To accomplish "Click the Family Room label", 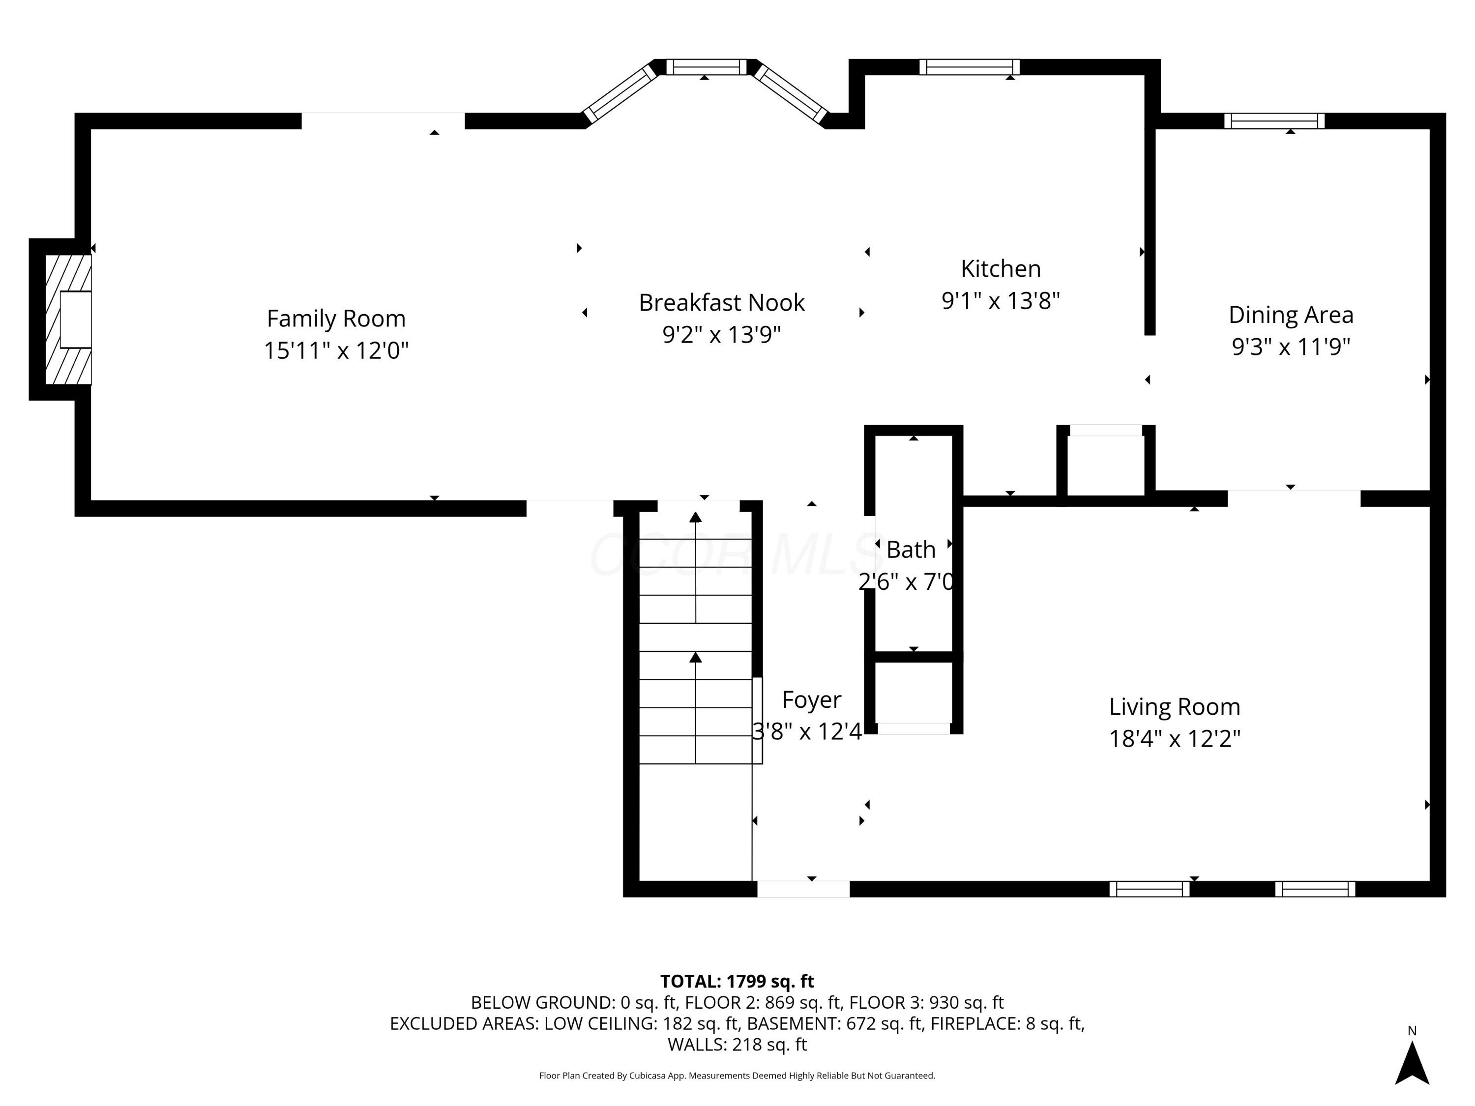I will pyautogui.click(x=336, y=319).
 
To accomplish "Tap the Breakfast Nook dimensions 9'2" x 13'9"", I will pyautogui.click(x=721, y=335).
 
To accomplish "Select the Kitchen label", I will pyautogui.click(x=1000, y=269).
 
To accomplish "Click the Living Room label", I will pyautogui.click(x=1174, y=707).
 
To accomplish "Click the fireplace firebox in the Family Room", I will pyautogui.click(x=75, y=320).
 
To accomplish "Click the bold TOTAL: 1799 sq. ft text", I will pyautogui.click(x=737, y=981).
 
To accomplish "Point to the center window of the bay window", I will pyautogui.click(x=706, y=67).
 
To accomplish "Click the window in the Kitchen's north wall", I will pyautogui.click(x=969, y=67).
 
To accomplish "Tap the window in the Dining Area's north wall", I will pyautogui.click(x=1273, y=120).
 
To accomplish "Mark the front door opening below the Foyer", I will pyautogui.click(x=803, y=889).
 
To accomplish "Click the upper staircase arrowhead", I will pyautogui.click(x=696, y=517).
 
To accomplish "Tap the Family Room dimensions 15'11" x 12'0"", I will pyautogui.click(x=336, y=350).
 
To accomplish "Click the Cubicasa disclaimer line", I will pyautogui.click(x=737, y=1076).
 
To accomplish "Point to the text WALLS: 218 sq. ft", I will pyautogui.click(x=737, y=1045).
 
